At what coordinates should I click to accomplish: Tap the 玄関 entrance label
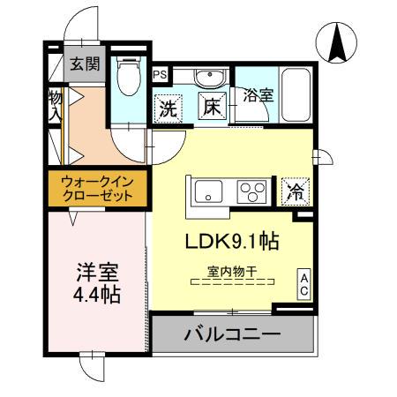(85, 64)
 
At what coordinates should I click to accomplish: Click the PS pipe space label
(160, 76)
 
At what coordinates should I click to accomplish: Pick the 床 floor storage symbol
(213, 106)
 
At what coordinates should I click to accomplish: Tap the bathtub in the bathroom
(293, 93)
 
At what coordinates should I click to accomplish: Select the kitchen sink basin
(210, 190)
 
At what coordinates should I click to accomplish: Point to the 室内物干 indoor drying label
(233, 273)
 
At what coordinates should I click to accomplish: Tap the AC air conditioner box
(303, 283)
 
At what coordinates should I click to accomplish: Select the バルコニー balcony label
(232, 334)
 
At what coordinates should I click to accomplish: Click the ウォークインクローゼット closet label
(97, 189)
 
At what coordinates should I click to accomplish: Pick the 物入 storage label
(55, 104)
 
